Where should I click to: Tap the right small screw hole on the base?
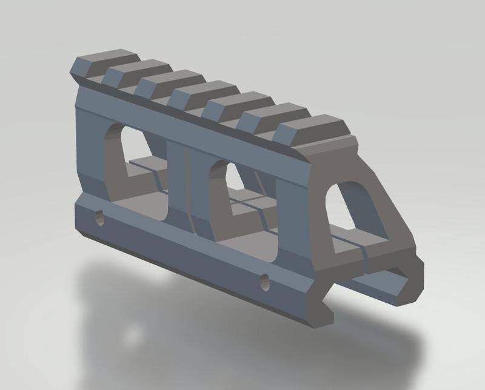pos(264,280)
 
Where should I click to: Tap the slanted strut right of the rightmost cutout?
pos(388,212)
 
